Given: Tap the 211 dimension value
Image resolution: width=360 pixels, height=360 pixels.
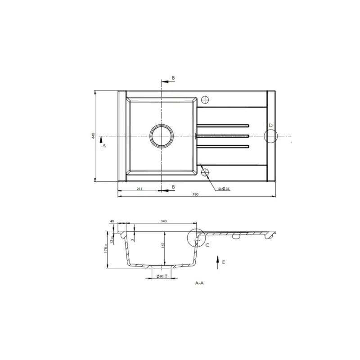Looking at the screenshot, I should pos(139,189).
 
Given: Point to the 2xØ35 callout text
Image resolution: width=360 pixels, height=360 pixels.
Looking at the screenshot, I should pos(224,189).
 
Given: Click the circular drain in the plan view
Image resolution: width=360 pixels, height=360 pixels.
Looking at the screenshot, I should pos(161,135).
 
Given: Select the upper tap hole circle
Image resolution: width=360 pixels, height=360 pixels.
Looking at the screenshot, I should pos(206,99).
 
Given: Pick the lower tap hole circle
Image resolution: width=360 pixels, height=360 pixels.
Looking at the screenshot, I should pos(205,172).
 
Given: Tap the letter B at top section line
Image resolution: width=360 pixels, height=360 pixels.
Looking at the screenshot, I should pos(173,78).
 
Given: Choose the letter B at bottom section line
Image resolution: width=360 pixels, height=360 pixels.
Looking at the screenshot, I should pos(173,186).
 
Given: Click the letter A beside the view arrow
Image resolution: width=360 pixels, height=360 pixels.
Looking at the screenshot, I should pos(103,146).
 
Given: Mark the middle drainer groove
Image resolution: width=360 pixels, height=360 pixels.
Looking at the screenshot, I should pos(223,135).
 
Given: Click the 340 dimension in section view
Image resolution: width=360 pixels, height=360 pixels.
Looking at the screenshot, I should pos(163,221).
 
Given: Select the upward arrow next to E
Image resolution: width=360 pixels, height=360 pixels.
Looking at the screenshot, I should pos(217,261).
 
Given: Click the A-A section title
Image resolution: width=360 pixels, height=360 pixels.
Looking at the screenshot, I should pos(199,283).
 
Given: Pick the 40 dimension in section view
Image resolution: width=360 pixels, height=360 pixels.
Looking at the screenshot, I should pos(112,221).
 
